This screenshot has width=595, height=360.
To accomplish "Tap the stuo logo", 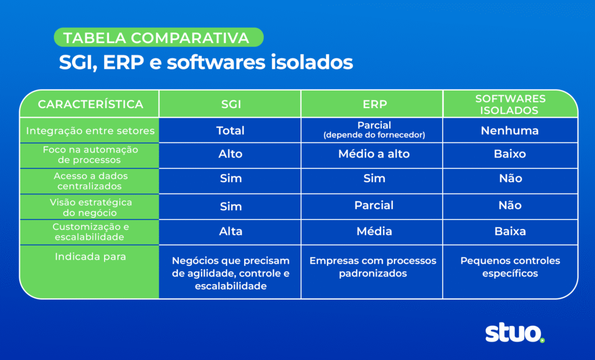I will [515, 333].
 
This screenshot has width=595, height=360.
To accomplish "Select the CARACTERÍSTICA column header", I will [90, 105].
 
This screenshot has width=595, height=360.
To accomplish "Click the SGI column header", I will [230, 105].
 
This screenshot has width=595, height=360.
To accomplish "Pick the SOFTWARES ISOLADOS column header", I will [510, 105].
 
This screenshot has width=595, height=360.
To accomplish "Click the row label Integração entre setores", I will [90, 131].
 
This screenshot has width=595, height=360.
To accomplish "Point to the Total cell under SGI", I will [230, 131].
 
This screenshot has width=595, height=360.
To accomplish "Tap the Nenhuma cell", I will [510, 131].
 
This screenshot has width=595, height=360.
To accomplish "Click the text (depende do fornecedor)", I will [374, 136].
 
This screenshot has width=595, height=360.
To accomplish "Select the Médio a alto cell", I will [374, 154].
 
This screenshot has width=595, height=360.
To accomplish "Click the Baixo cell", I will [510, 154].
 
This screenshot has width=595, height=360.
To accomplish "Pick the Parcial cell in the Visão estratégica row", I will [374, 206].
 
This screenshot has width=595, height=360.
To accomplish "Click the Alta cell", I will [230, 231].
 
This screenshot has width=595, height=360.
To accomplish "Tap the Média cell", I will [374, 231].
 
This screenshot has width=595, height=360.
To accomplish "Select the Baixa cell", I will [510, 231].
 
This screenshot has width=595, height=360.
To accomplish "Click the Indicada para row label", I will [90, 256].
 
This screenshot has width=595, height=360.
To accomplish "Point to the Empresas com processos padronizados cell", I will [372, 267].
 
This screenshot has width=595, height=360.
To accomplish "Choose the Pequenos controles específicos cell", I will [510, 267].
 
